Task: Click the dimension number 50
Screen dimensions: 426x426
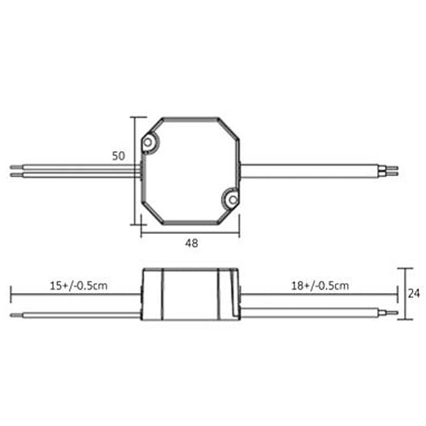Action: (x=118, y=157)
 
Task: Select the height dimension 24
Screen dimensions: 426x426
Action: (x=414, y=293)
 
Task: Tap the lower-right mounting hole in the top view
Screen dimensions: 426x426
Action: (x=231, y=198)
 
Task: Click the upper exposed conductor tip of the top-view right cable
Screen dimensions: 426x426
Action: (x=393, y=167)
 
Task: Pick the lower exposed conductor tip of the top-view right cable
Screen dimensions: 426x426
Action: (x=393, y=174)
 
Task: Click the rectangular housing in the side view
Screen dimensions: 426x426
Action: (x=190, y=294)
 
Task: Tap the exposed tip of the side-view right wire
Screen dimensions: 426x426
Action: (x=393, y=311)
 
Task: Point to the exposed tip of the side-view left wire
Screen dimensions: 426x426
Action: (x=14, y=311)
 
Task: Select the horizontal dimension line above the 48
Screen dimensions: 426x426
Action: (x=190, y=234)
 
